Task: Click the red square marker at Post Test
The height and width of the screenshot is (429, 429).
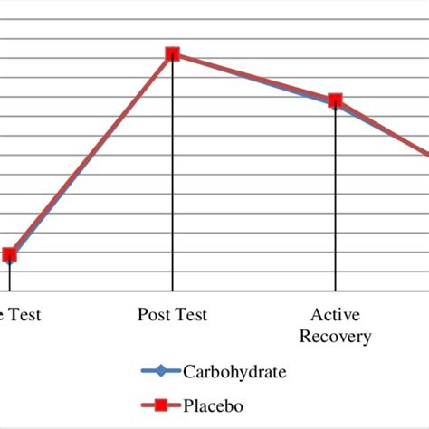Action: click(172, 54)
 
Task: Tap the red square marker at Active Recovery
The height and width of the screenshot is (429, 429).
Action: click(335, 100)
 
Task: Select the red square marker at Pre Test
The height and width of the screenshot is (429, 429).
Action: click(9, 255)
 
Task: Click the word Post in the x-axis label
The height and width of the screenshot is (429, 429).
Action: click(154, 315)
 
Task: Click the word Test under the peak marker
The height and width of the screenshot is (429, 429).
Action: click(190, 315)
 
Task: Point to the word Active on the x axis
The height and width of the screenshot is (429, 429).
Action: click(335, 315)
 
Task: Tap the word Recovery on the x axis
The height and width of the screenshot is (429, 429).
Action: click(335, 337)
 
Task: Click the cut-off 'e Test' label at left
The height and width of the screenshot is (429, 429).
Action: click(20, 315)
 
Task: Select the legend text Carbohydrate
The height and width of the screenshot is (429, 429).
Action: click(236, 371)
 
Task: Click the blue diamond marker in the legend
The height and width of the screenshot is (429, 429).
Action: click(161, 371)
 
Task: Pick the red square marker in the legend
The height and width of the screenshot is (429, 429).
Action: click(161, 406)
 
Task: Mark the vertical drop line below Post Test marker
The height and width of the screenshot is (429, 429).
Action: click(172, 181)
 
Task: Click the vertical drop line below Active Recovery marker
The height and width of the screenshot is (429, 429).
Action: click(335, 199)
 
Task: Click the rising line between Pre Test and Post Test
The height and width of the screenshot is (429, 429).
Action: click(91, 155)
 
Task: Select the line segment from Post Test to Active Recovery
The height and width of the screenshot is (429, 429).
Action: click(253, 77)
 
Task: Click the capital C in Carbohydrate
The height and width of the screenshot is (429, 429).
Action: click(188, 371)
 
